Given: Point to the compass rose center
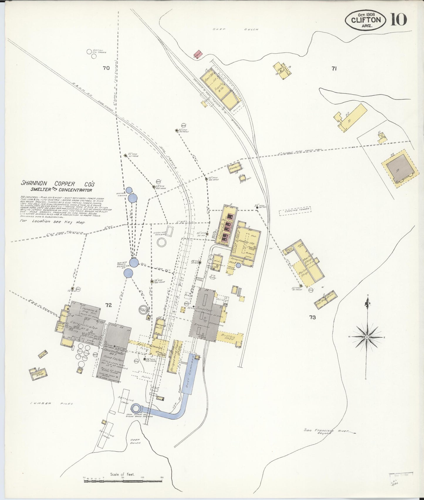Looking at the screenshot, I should pos(366,338).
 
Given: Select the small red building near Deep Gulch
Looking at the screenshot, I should pos(198,54).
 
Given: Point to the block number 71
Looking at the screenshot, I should pos(334,69).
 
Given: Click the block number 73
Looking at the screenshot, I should pos(312,317).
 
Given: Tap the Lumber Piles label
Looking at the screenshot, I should pos(51,404).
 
